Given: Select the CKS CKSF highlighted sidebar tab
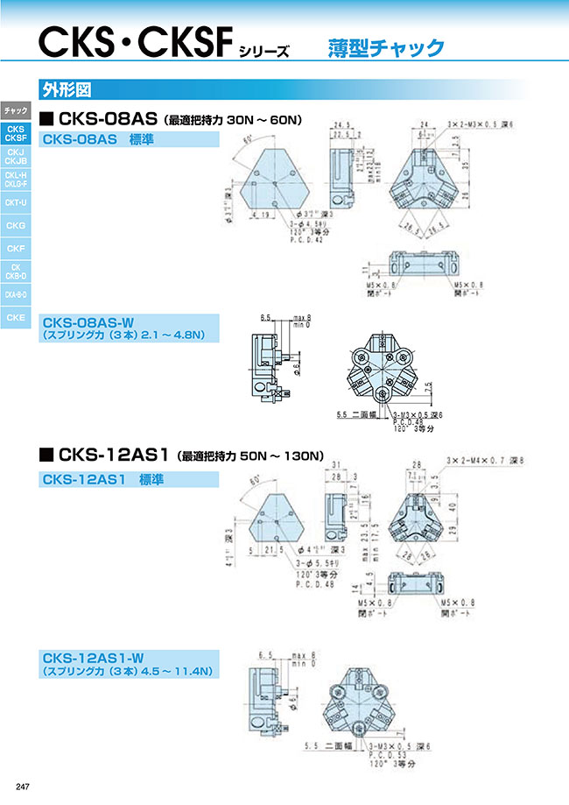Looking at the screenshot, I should pos(16,133).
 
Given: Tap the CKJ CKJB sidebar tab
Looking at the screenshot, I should pos(16,156).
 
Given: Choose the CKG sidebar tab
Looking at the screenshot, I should pos(16,225).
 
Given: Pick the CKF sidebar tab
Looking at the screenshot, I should pos(16,249).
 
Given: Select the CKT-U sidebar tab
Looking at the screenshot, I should pos(16,202).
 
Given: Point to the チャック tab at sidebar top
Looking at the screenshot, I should pos(16,110).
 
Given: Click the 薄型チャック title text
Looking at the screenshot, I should pos(386,47).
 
